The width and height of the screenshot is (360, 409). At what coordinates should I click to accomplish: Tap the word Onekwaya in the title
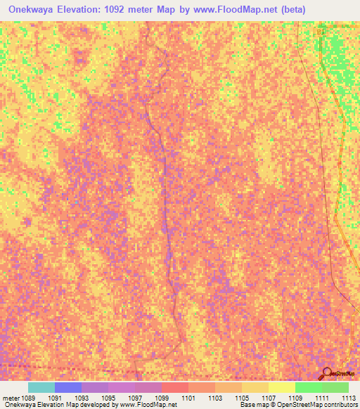(x=31, y=9)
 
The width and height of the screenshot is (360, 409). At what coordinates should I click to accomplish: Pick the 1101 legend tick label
(x=188, y=397)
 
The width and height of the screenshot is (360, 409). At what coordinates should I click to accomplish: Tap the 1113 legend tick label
(x=348, y=397)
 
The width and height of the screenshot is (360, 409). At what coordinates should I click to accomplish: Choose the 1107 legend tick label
(x=268, y=397)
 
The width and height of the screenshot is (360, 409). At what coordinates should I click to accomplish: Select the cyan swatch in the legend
(x=41, y=387)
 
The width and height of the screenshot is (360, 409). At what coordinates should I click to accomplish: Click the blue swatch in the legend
(x=67, y=387)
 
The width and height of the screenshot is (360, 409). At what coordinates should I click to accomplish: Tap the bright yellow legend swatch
(x=281, y=387)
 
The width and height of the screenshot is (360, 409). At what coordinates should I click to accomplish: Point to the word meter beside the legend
(x=11, y=397)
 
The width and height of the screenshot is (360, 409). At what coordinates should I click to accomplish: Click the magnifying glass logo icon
(x=327, y=373)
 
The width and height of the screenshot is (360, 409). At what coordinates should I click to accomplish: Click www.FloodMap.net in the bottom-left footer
(x=148, y=405)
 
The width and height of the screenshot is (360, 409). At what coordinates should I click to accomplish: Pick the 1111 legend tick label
(x=321, y=397)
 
